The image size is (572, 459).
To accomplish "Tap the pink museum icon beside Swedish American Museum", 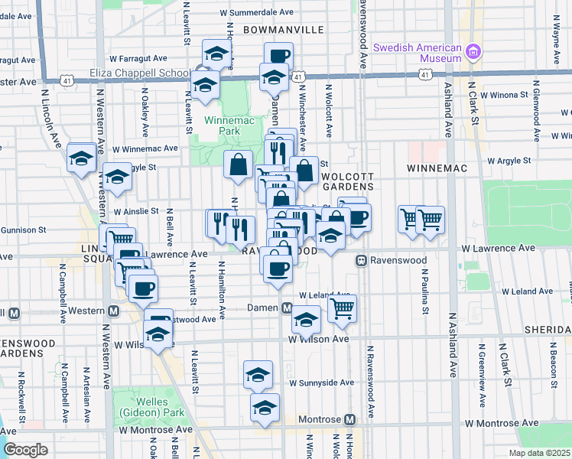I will point(474,52).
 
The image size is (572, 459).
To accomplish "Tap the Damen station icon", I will point(287,308).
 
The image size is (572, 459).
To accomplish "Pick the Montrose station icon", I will point(349,419).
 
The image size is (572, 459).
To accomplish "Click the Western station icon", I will point(113,311).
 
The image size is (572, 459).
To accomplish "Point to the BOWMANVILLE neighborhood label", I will point(284,30).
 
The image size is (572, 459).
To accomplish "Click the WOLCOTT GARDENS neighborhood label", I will point(347,180).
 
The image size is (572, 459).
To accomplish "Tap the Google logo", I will point(26,450).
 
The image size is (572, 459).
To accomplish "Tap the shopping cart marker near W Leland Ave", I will point(342,309).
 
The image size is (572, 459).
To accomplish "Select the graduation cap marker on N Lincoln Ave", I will point(82,158).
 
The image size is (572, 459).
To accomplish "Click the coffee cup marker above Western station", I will point(142,288).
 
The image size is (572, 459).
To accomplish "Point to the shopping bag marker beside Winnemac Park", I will point(239,163).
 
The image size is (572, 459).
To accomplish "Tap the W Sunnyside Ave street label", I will point(321,382).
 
